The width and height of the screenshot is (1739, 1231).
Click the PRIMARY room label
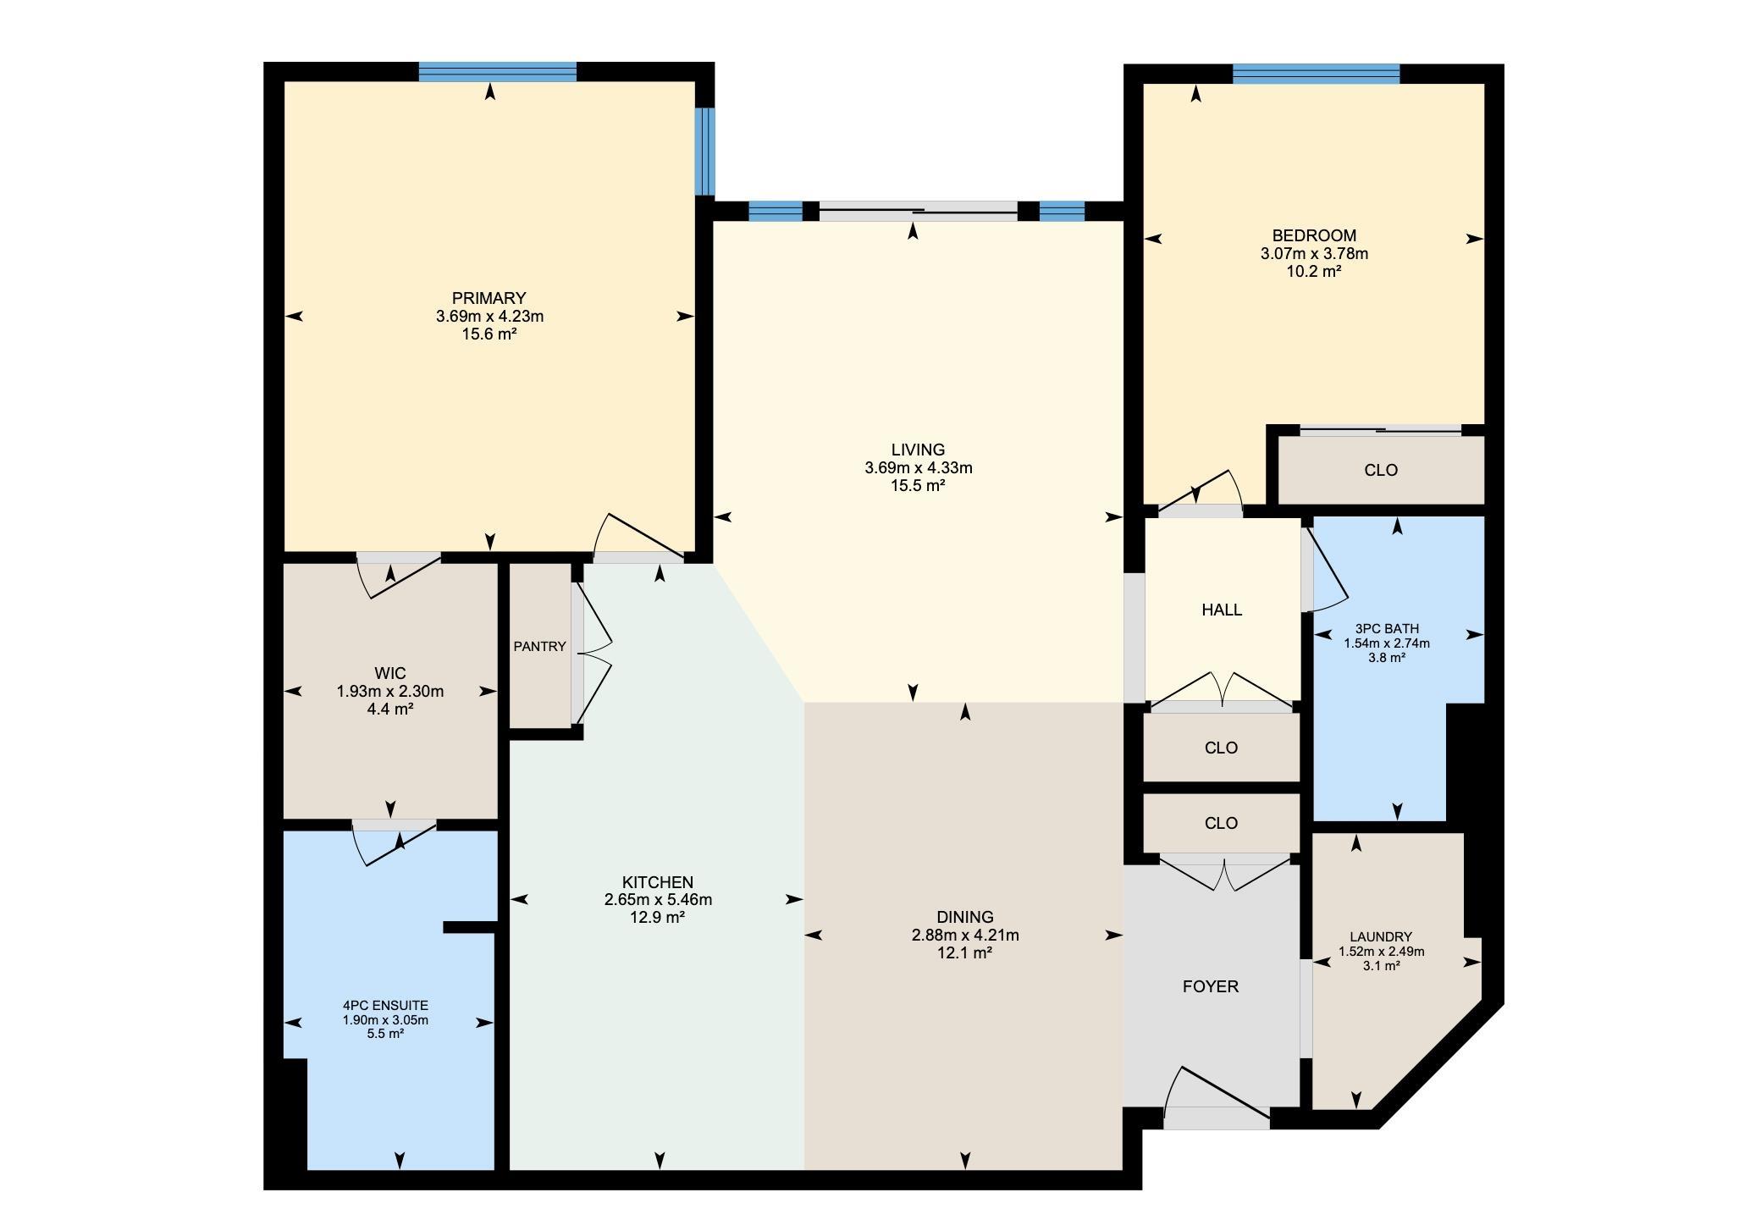tap(489, 298)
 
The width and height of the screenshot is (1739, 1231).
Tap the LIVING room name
tap(918, 450)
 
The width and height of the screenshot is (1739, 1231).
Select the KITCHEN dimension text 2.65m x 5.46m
tap(658, 899)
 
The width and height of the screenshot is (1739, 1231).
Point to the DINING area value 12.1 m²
tap(965, 952)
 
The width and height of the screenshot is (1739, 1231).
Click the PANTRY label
tap(539, 647)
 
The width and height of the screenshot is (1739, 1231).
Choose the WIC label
tap(390, 674)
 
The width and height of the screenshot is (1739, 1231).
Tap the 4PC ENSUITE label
tap(385, 1006)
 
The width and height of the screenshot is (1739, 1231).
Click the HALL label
tap(1222, 610)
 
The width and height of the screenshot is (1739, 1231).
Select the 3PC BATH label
tap(1387, 629)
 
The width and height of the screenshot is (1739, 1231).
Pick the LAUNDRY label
tap(1381, 937)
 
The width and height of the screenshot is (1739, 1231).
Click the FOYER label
tap(1211, 986)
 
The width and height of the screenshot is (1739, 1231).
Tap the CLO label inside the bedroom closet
tap(1381, 470)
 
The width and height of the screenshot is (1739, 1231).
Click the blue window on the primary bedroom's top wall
tap(498, 72)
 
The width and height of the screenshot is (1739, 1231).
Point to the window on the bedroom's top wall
tap(1317, 75)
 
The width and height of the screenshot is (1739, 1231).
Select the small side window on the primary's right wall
tap(704, 152)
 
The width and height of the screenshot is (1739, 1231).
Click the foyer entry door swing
tap(1217, 1097)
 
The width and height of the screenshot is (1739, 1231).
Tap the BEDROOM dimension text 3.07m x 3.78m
tap(1314, 253)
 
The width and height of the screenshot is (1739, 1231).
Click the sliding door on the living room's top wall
tap(918, 211)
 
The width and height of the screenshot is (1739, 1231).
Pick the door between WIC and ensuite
tap(395, 842)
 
